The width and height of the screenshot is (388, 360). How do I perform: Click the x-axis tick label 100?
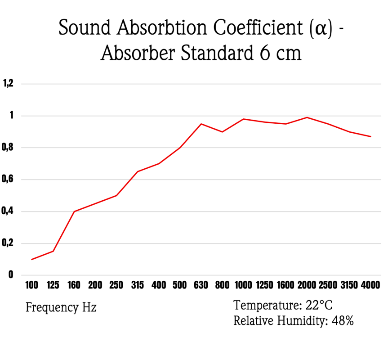(32, 285)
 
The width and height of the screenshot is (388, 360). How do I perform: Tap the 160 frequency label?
(74, 285)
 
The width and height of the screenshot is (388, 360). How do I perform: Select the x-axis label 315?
(138, 285)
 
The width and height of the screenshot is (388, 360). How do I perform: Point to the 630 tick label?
(201, 285)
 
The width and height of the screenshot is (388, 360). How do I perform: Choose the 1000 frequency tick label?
(243, 285)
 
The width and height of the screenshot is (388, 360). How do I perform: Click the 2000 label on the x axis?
(307, 285)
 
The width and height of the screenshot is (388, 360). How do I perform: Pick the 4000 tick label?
(370, 285)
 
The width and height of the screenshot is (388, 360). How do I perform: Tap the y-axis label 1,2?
(9, 83)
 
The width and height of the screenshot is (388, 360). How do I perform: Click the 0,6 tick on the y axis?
(9, 180)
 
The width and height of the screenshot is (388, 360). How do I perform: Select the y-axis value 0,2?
(9, 243)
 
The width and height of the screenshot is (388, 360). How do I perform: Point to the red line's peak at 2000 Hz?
(307, 117)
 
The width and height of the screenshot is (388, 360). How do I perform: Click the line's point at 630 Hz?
(201, 124)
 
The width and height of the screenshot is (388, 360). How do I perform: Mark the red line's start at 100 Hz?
(32, 259)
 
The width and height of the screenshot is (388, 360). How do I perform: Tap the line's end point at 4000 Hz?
(370, 136)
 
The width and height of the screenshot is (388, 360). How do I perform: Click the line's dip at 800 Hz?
(222, 132)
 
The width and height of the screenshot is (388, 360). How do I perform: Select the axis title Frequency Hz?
(61, 308)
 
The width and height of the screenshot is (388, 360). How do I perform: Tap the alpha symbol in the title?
(321, 29)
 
